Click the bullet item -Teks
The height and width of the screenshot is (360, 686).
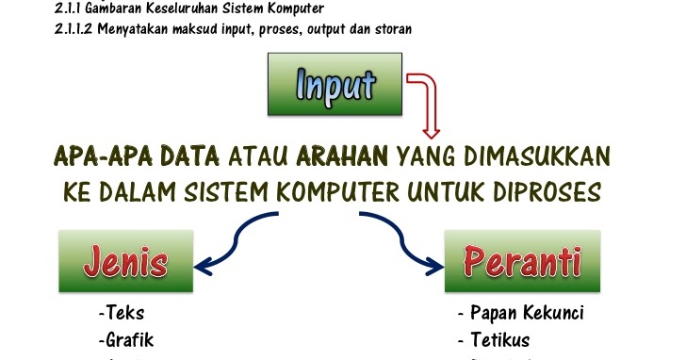pyautogui.click(x=121, y=313)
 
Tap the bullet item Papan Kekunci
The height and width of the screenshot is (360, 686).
pyautogui.click(x=520, y=313)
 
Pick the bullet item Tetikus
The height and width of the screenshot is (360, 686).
pyautogui.click(x=494, y=339)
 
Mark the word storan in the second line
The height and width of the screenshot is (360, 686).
pyautogui.click(x=390, y=27)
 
